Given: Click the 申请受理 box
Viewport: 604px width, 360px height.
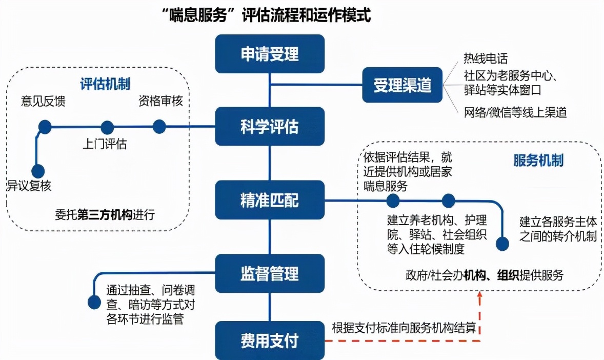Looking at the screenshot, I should pos(270,54).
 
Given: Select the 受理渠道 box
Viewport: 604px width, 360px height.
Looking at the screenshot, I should pos(402,86).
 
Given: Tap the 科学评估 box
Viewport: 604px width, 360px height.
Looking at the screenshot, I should pos(270,126).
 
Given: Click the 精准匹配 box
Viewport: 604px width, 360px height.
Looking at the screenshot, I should pos(270,199).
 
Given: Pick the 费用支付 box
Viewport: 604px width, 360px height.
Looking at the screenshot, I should pos(270,341).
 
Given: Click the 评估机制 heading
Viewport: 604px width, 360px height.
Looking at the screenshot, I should pos(105,84).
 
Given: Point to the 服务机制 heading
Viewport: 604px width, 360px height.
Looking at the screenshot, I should pos(538,161).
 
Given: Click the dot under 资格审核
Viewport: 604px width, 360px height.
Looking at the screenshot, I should pos(159,126).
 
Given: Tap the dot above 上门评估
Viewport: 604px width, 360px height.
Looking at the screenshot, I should pos(107,127).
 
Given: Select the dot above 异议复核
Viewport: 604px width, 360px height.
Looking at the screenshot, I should pos(37,171).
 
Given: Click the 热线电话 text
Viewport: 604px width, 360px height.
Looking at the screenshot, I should pos(485,59).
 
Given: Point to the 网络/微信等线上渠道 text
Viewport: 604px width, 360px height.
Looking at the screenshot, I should pos(515,112).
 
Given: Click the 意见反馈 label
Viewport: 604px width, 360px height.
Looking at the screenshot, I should pos(43,101).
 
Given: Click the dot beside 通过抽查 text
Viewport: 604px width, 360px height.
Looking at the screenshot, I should pos(94,303).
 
